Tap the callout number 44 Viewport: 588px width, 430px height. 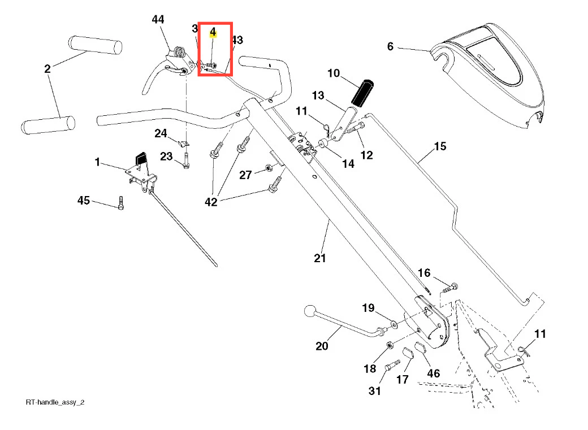click(158, 20)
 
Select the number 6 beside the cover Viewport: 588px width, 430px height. click(390, 46)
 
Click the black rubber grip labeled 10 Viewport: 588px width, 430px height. click(362, 93)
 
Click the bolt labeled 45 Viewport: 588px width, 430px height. click(120, 203)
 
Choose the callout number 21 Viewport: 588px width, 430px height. click(320, 258)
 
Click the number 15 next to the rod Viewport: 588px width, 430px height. click(440, 146)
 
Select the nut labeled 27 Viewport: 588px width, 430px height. click(270, 168)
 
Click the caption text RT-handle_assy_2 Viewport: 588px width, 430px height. click(55, 402)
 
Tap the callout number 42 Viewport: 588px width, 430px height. click(211, 202)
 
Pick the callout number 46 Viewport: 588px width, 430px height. click(434, 373)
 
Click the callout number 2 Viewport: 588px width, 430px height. click(47, 69)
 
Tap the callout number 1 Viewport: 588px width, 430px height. click(97, 162)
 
